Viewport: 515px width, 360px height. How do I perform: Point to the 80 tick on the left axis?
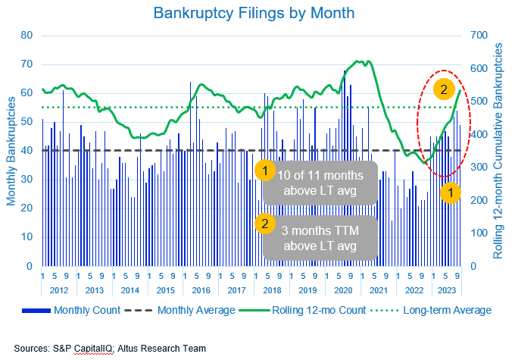point(27,36)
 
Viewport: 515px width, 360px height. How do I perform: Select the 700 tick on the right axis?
point(480,36)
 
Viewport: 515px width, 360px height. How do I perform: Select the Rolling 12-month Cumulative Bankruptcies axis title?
point(500,151)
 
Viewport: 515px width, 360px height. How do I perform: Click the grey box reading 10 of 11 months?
point(320,183)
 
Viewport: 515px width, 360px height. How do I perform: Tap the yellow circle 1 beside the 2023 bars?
point(451,193)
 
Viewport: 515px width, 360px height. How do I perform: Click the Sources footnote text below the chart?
point(111,349)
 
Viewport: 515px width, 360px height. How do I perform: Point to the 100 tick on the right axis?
point(480,233)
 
